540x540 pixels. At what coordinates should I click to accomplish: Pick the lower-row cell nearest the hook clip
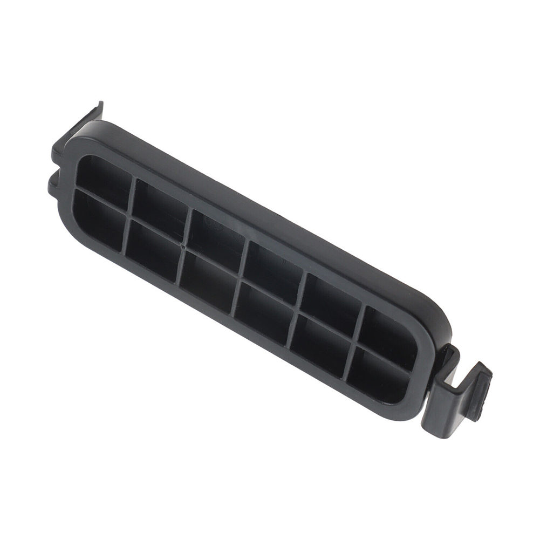pyautogui.click(x=378, y=372)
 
